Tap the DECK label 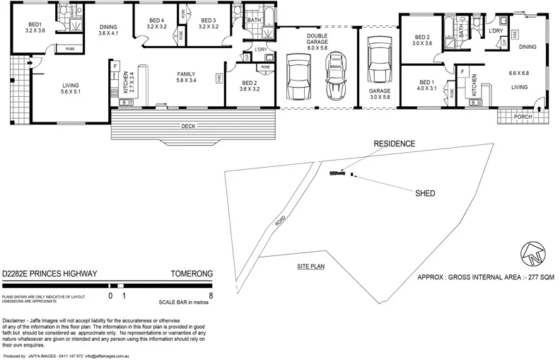pos(187,127)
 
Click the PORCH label pos(523,116)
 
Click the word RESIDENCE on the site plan pos(395,144)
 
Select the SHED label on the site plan pos(424,192)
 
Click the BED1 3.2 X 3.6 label pos(35,27)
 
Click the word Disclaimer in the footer pos(18,321)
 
